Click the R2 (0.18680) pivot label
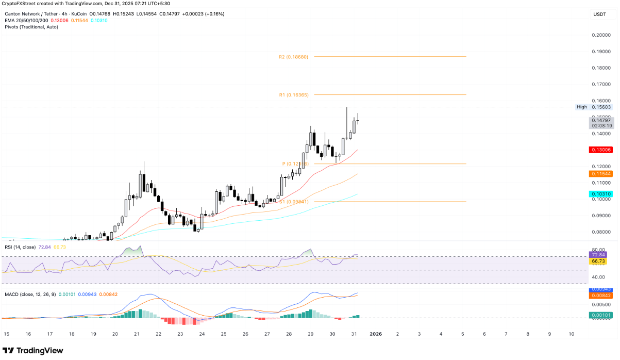pyautogui.click(x=293, y=57)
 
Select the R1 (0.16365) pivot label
pyautogui.click(x=293, y=95)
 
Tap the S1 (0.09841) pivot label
pyautogui.click(x=294, y=202)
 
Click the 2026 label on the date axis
pyautogui.click(x=376, y=334)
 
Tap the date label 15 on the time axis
pyautogui.click(x=6, y=334)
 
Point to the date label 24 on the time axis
pyautogui.click(x=202, y=334)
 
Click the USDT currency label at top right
pyautogui.click(x=599, y=14)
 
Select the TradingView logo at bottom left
pyautogui.click(x=33, y=351)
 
